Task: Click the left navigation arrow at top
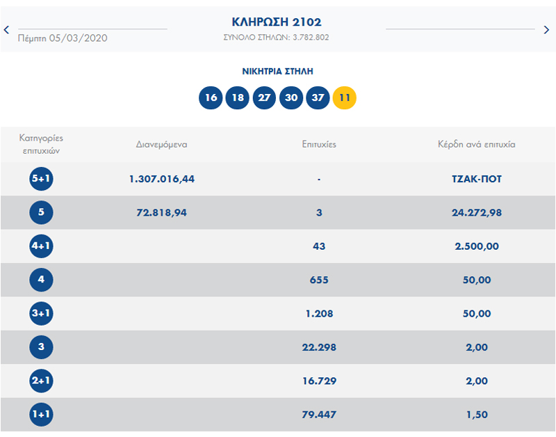pyautogui.click(x=6, y=29)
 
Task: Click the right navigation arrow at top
pyautogui.click(x=547, y=29)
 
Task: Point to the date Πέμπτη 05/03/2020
pyautogui.click(x=63, y=38)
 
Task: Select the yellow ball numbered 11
pyautogui.click(x=345, y=97)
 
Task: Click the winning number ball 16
pyautogui.click(x=211, y=97)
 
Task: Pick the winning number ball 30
pyautogui.click(x=291, y=97)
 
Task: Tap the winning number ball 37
pyautogui.click(x=318, y=97)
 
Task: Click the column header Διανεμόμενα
pyautogui.click(x=161, y=145)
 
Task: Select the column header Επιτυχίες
pyautogui.click(x=319, y=145)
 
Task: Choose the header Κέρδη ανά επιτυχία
pyautogui.click(x=476, y=145)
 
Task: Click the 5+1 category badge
pyautogui.click(x=41, y=180)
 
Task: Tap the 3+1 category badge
pyautogui.click(x=41, y=314)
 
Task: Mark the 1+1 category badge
pyautogui.click(x=41, y=415)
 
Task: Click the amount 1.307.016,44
pyautogui.click(x=161, y=179)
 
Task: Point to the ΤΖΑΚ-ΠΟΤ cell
pyautogui.click(x=476, y=179)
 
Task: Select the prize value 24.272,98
pyautogui.click(x=476, y=213)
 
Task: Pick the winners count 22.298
pyautogui.click(x=319, y=347)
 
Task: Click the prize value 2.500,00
pyautogui.click(x=476, y=246)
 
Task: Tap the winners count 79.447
pyautogui.click(x=319, y=415)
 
